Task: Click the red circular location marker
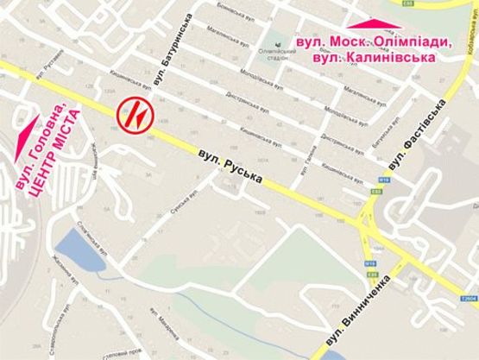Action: (x=136, y=113)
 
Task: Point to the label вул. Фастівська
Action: (x=416, y=134)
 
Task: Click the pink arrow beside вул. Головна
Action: (x=27, y=129)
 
